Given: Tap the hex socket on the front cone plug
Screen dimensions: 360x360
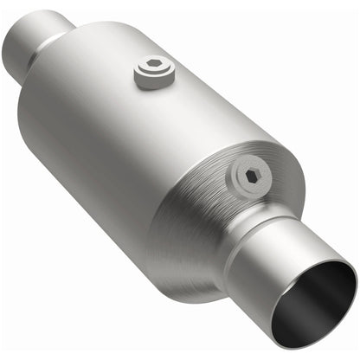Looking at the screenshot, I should (252, 175).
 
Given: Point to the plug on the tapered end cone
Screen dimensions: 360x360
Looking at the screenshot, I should (250, 177).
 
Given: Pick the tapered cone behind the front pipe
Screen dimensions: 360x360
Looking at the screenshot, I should (216, 225).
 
